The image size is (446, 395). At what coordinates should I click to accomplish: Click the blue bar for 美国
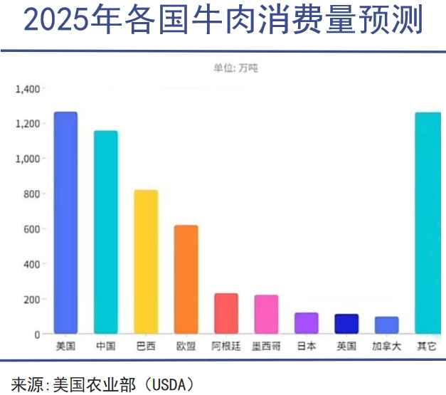(65, 223)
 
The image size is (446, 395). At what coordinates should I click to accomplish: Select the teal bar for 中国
(106, 232)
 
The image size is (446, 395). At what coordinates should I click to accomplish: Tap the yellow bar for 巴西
(146, 262)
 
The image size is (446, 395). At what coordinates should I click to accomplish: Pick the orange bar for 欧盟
(186, 280)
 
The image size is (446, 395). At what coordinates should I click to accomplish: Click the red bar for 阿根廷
(226, 313)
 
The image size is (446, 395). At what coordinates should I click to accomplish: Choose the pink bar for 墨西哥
(266, 314)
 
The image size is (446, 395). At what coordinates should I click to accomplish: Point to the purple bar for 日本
(307, 323)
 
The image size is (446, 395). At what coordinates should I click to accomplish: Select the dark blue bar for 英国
(346, 324)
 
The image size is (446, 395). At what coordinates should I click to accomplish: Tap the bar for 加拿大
(387, 325)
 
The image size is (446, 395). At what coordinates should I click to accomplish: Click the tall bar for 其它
(428, 223)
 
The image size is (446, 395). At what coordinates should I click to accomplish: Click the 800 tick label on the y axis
(31, 194)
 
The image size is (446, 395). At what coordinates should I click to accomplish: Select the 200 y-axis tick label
(31, 299)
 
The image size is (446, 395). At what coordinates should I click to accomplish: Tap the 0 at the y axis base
(37, 334)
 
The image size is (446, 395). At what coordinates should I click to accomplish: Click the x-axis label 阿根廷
(226, 347)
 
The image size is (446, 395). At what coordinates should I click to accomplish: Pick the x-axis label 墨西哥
(266, 347)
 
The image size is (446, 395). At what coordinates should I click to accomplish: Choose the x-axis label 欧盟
(186, 347)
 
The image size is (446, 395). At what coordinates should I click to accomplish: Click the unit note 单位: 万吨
(235, 68)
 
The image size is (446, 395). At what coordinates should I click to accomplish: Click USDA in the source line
(166, 384)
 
